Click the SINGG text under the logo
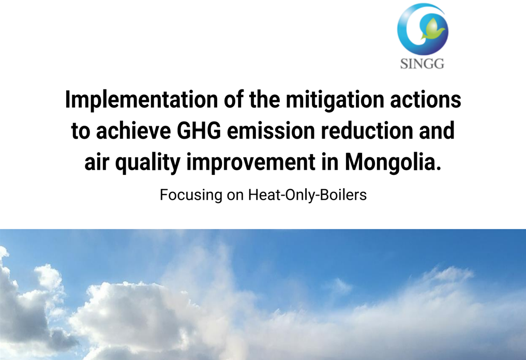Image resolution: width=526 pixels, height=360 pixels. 422,64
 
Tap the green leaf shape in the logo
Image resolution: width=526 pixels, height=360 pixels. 433,29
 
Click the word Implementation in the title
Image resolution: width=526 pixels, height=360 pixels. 141,100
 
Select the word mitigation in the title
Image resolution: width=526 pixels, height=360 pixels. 335,100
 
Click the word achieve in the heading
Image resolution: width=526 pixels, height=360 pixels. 133,131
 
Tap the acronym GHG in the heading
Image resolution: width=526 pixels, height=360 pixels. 199,131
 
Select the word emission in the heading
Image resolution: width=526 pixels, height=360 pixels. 271,131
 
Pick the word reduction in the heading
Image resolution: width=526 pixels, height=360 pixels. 367,131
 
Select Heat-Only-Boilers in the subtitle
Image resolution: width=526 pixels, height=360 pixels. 307,194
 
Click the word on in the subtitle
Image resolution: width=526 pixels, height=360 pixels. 235,196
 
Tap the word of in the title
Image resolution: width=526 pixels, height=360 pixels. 233,100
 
